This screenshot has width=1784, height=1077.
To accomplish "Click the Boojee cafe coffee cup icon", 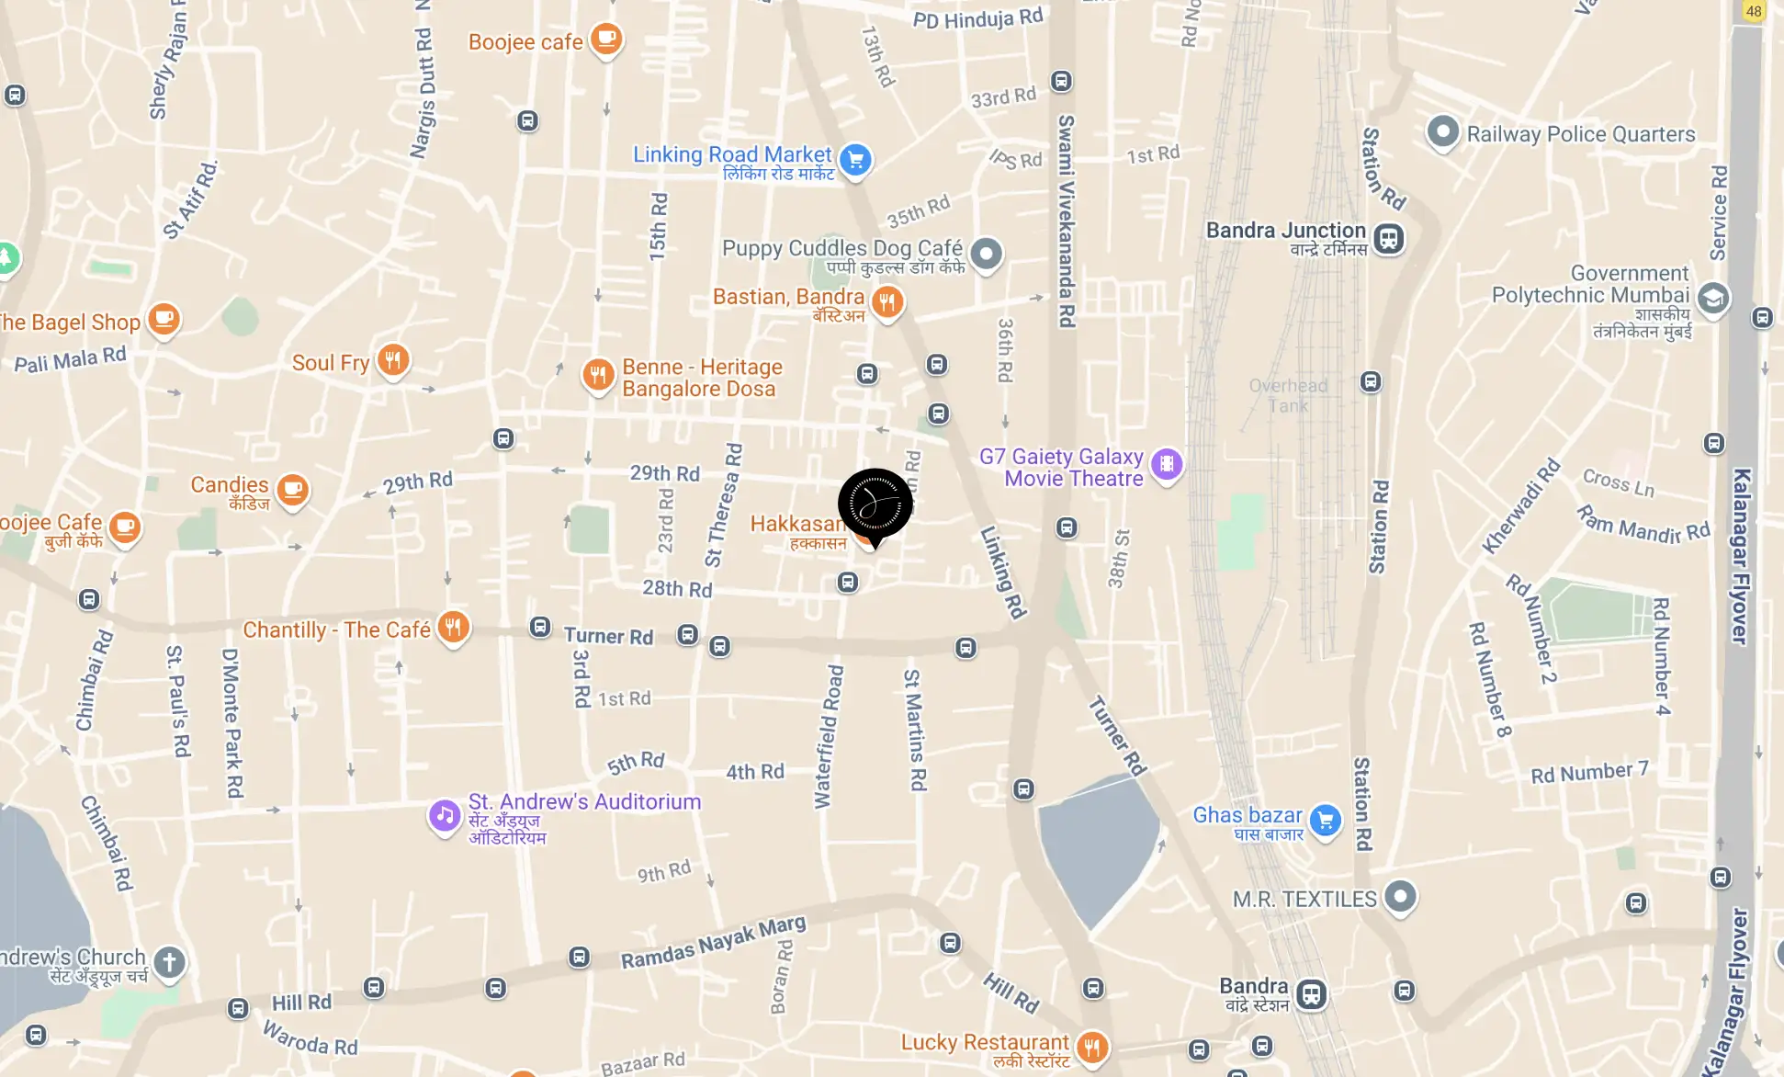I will tap(606, 39).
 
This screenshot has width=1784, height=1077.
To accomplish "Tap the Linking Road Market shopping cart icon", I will tap(855, 159).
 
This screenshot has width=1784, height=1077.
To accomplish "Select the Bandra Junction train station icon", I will tap(1388, 238).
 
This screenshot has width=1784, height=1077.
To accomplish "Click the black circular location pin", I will tap(875, 504).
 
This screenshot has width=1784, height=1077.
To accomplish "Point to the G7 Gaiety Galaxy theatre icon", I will tap(1167, 464).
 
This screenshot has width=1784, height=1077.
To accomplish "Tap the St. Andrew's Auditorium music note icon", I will tap(445, 815).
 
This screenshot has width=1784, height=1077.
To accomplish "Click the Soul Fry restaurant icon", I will tap(393, 359).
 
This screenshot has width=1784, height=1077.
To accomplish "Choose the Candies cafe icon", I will tap(292, 490).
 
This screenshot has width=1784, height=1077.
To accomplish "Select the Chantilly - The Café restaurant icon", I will tap(453, 627).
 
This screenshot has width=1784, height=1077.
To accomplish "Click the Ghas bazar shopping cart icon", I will tap(1325, 819).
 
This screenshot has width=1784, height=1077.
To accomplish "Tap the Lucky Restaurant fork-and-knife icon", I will tap(1091, 1046).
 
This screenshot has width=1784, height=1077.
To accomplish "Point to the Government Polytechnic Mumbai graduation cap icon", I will tap(1712, 298).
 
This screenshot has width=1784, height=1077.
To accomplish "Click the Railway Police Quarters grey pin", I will tap(1442, 131).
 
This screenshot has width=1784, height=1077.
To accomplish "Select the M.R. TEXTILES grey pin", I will tap(1400, 896).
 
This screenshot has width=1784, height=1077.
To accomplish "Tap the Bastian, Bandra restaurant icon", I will tap(886, 300).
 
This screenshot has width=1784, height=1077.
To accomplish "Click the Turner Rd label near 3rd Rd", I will tap(608, 636).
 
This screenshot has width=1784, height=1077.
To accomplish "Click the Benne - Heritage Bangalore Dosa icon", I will tap(598, 374).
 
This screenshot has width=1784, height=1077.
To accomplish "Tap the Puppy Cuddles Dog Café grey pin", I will tap(986, 253).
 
